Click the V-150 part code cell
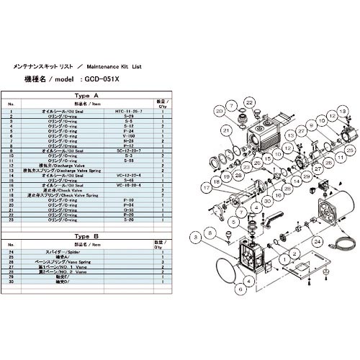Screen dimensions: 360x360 pos(130,134)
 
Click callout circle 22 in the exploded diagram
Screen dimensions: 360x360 pos(248,104)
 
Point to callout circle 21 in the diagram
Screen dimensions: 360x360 pos(225,130)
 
